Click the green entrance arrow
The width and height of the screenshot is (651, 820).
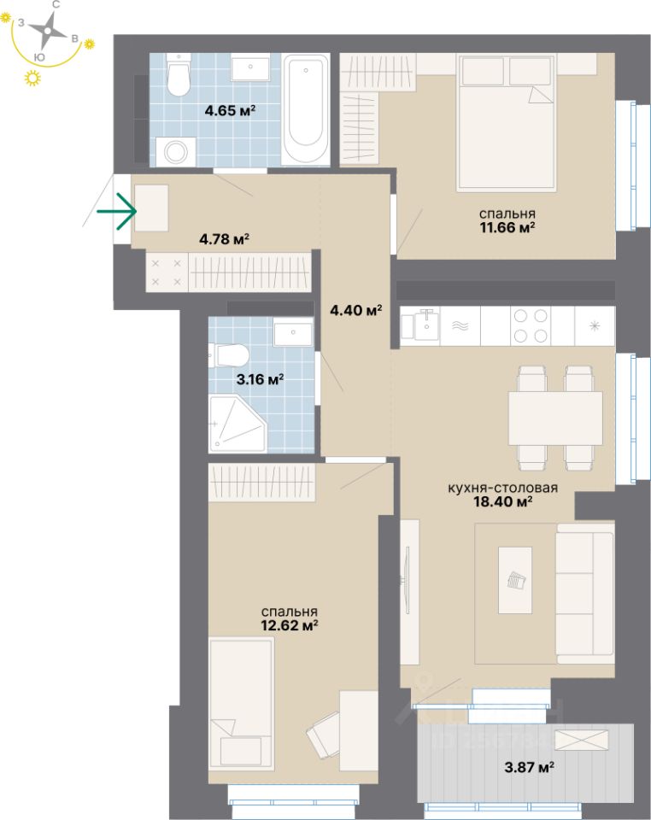click(x=116, y=210)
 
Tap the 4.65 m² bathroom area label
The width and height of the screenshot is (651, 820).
click(x=230, y=110)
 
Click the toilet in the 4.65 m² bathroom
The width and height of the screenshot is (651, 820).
click(x=179, y=78)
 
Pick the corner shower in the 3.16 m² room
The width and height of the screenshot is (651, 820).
click(x=235, y=424)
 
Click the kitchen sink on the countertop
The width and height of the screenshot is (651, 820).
click(x=425, y=325)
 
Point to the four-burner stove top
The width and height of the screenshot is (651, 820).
click(x=529, y=325)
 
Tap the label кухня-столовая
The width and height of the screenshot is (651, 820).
click(x=502, y=489)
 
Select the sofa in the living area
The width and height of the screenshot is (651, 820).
click(x=585, y=591)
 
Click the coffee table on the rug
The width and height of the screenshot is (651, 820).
click(x=514, y=579)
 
